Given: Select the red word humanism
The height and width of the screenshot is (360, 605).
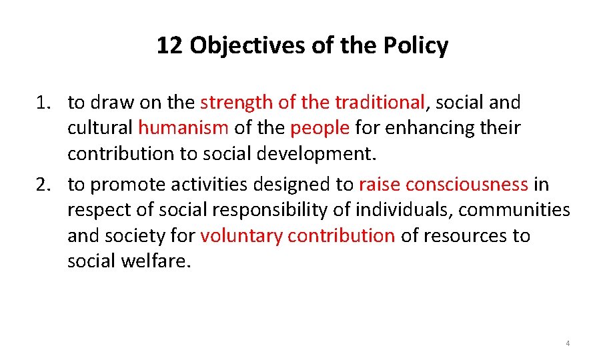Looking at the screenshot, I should tap(183, 127).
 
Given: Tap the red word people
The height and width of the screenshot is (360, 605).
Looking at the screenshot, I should tap(320, 127).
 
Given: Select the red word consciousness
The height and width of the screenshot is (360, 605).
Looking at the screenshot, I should tap(467, 185).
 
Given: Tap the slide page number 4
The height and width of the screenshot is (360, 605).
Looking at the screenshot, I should tap(568, 343).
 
